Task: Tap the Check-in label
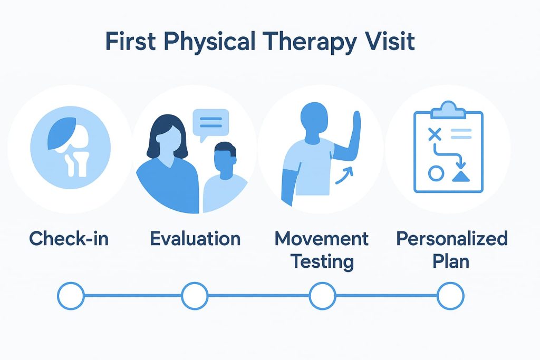[x=69, y=239]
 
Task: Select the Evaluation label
[x=195, y=239]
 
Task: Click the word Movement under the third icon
[x=321, y=239]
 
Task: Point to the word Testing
[x=321, y=261]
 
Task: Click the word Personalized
[x=452, y=239]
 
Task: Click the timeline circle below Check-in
[x=71, y=296]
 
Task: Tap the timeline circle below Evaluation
[x=195, y=296]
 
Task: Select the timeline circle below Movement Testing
[x=322, y=296]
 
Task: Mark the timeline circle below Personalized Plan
[x=450, y=296]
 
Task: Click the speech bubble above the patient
[x=210, y=123]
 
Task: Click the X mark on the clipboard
[x=434, y=134]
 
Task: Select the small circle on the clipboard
[x=436, y=173]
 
